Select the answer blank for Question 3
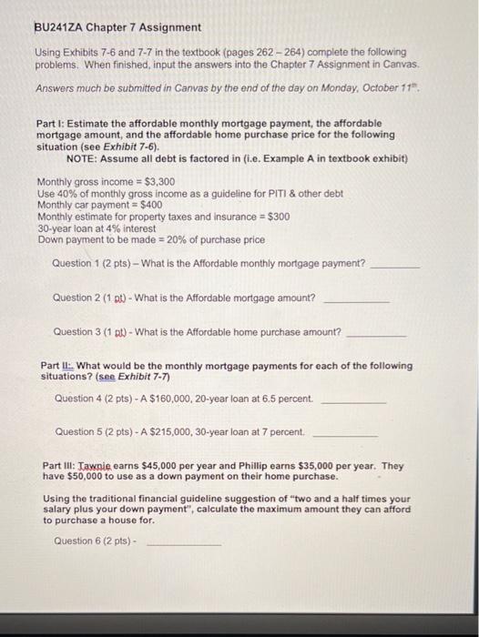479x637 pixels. tap(378, 335)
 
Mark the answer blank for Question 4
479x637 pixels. tap(353, 401)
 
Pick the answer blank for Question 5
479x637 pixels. tap(345, 434)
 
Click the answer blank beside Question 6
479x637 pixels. tap(184, 543)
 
